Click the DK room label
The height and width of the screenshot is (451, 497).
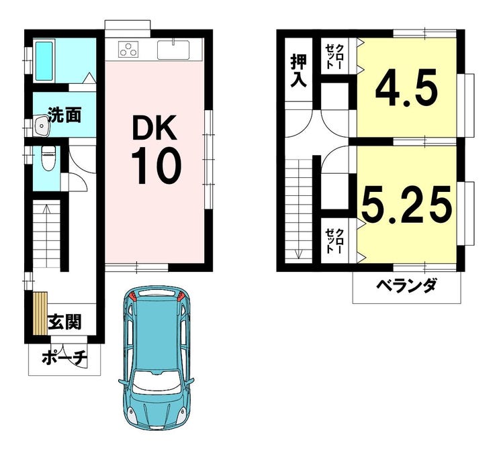point(154,128)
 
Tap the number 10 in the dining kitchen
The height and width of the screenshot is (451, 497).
point(156,167)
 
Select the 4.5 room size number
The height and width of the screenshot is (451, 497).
point(406,88)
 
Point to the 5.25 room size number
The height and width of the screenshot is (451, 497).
point(406,204)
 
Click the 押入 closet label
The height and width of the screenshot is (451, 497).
point(299,70)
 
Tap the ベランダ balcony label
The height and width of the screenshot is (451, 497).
point(406,285)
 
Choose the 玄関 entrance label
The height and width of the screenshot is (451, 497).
point(64,321)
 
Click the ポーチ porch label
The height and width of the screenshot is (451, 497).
point(64,359)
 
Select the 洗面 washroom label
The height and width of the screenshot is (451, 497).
point(64,115)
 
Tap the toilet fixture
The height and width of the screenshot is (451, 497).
point(48,158)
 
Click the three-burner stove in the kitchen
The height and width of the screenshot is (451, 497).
point(128,50)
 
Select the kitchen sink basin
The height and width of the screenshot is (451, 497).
point(173,50)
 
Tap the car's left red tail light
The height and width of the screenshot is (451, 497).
point(132,296)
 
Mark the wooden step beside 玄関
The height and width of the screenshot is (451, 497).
point(40,313)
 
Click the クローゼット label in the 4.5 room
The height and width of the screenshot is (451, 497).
point(334,56)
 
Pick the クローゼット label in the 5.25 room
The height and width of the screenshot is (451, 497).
point(334,241)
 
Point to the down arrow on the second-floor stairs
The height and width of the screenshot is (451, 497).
point(298,254)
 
